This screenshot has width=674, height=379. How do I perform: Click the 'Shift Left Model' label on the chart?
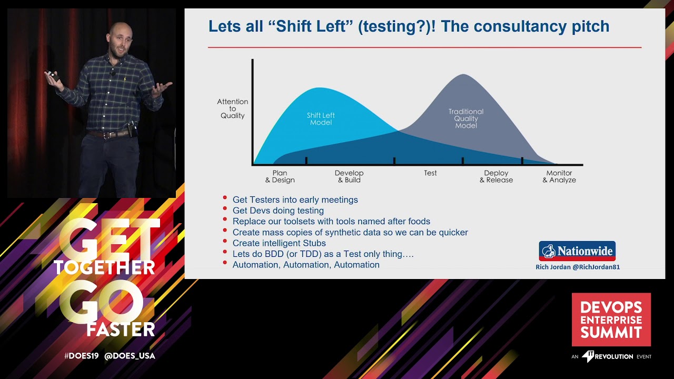pyautogui.click(x=321, y=119)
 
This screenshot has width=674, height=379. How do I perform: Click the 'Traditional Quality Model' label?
pyautogui.click(x=466, y=118)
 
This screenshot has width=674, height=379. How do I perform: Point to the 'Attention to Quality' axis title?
pyautogui.click(x=232, y=108)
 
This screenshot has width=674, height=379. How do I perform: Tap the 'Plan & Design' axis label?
pyautogui.click(x=280, y=176)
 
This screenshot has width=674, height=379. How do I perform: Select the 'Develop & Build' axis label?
pyautogui.click(x=349, y=176)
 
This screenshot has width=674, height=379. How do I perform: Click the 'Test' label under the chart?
pyautogui.click(x=430, y=173)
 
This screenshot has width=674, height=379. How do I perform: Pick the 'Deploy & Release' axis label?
pyautogui.click(x=496, y=176)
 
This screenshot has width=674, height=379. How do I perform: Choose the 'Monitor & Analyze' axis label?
pyautogui.click(x=559, y=176)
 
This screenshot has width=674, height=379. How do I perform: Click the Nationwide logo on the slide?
pyautogui.click(x=577, y=251)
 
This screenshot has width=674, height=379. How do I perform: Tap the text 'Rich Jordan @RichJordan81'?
pyautogui.click(x=577, y=267)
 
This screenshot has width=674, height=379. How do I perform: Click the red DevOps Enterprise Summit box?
pyautogui.click(x=611, y=320)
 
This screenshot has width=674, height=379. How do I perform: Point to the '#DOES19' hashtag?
pyautogui.click(x=81, y=356)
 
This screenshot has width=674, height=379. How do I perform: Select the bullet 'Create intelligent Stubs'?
pyautogui.click(x=279, y=243)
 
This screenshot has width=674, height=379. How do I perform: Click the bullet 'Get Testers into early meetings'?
pyautogui.click(x=295, y=200)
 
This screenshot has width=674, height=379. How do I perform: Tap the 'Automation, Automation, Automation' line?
pyautogui.click(x=306, y=265)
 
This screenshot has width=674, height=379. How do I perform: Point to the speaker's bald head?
pyautogui.click(x=120, y=32)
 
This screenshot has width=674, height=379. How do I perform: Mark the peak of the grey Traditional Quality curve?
pyautogui.click(x=463, y=75)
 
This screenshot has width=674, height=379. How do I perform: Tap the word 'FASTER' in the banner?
pyautogui.click(x=121, y=330)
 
